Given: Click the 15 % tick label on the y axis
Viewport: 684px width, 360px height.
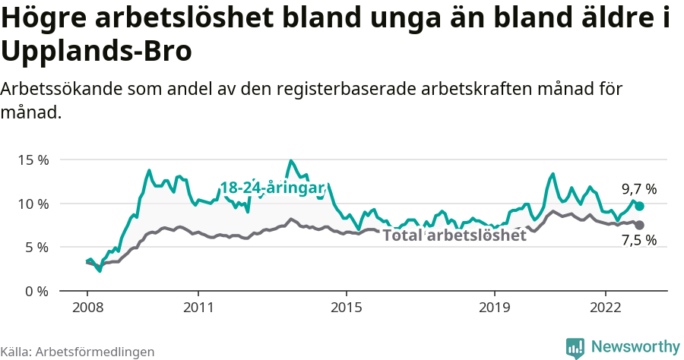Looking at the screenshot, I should coord(33,160).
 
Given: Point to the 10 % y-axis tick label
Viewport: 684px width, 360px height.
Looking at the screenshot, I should coord(33,204).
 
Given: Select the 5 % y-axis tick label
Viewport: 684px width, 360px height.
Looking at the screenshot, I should coord(36,248).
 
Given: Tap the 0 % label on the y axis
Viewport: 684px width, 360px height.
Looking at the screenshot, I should coord(36,291).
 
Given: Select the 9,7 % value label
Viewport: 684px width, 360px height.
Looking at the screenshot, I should coord(638,189).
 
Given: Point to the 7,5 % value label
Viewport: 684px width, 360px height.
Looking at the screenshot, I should coord(638,241).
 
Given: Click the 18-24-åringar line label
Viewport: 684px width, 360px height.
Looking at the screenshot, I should coord(272,188).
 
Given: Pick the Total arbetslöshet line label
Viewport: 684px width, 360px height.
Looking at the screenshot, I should coord(454,235).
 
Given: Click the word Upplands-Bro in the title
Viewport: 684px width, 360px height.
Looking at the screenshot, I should coord(97,52).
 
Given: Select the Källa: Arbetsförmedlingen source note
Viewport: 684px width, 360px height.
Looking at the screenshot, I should coord(78,352).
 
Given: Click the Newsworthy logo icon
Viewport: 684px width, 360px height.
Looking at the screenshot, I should coord(575,347).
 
